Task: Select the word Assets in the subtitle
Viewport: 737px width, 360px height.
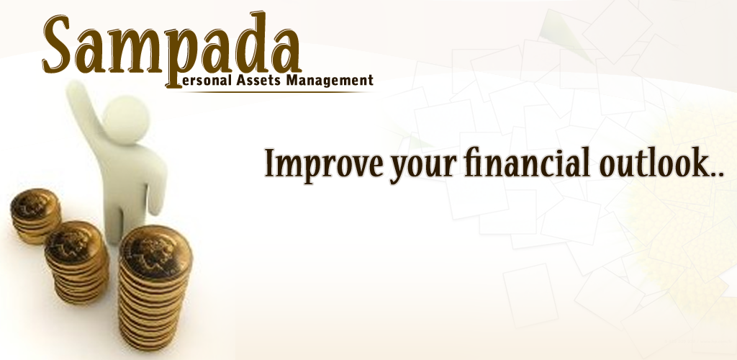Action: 258,80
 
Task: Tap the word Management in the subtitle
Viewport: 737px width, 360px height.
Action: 329,81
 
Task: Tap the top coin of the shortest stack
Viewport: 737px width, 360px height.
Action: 36,205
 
